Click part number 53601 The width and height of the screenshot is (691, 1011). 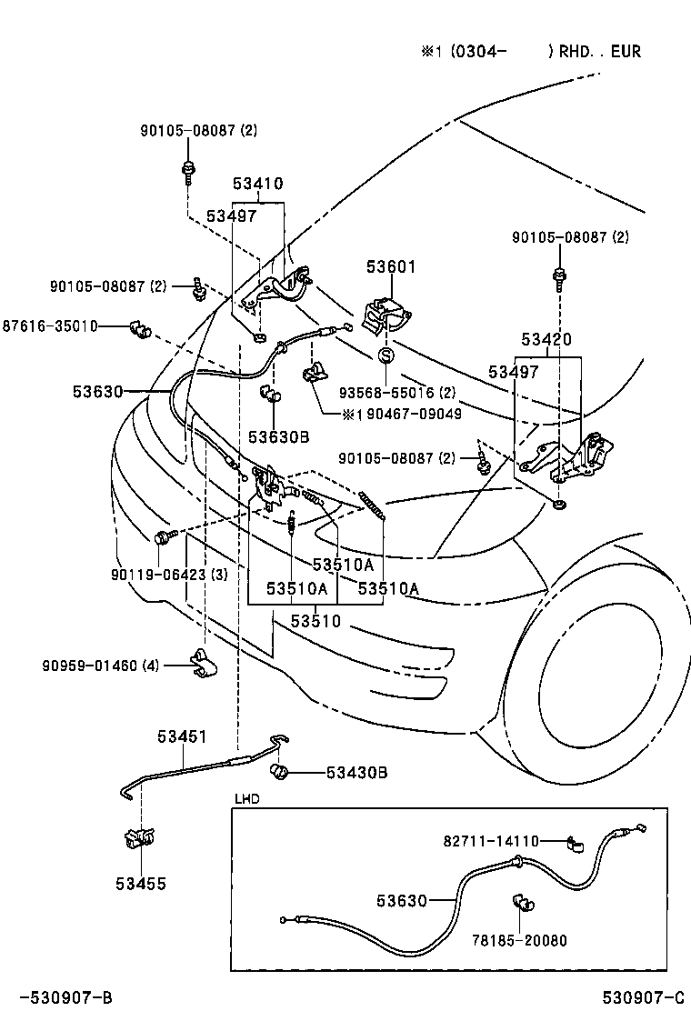(x=391, y=267)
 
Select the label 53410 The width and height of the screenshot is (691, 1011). (x=257, y=184)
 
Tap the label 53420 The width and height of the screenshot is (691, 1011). (x=546, y=340)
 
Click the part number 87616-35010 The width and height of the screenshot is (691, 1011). (x=50, y=325)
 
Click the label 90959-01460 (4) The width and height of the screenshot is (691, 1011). (x=100, y=666)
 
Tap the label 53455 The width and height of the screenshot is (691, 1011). (x=141, y=883)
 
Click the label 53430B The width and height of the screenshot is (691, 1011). (x=356, y=773)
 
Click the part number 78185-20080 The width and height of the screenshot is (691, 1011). (x=519, y=940)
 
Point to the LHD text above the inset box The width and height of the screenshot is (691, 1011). (x=247, y=799)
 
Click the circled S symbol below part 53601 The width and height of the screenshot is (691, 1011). (x=385, y=355)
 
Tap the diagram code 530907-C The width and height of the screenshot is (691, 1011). (x=641, y=998)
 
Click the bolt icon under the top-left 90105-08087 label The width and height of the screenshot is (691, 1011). (x=188, y=169)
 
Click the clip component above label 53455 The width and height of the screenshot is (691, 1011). (x=138, y=837)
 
